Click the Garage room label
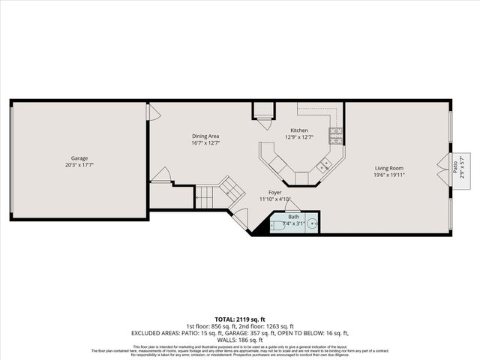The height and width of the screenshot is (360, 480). click(x=79, y=158)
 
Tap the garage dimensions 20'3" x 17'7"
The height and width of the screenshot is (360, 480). click(x=79, y=165)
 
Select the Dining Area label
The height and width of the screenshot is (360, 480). click(x=205, y=136)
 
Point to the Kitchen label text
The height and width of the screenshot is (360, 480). click(x=299, y=130)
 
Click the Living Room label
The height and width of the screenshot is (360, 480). click(x=389, y=168)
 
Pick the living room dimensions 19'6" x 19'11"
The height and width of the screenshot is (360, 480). click(x=389, y=175)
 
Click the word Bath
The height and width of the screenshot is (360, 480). click(x=293, y=217)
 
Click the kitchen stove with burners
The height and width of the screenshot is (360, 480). click(x=336, y=136)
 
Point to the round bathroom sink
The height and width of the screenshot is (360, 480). click(x=313, y=223)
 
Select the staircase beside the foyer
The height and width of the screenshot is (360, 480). click(x=217, y=193)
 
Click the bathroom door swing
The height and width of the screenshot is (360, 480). click(x=293, y=204)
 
